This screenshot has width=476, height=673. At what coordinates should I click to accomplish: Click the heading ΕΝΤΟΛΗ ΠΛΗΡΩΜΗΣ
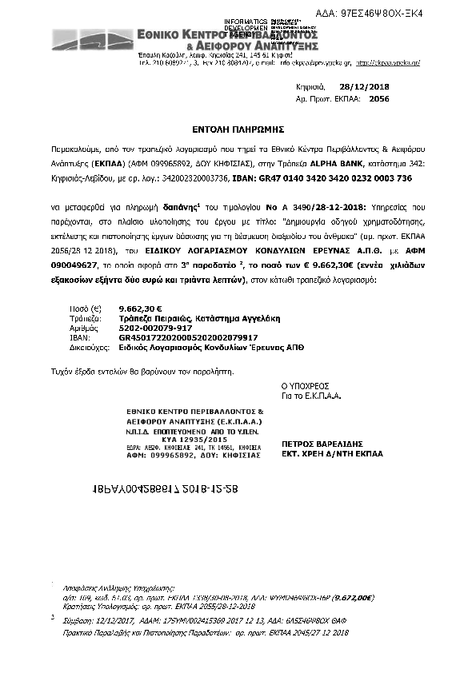238,128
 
